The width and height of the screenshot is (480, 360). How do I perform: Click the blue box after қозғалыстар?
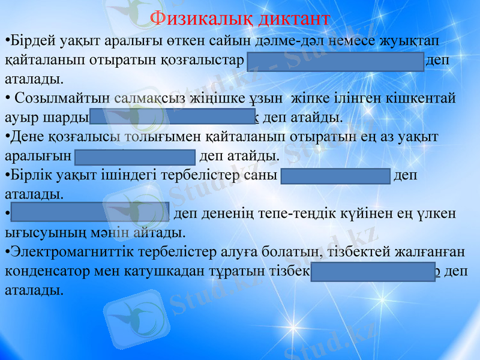pyautogui.click(x=335, y=61)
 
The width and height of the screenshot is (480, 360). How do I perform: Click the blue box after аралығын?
pyautogui.click(x=136, y=157)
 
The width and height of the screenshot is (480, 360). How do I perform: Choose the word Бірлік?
pyautogui.click(x=28, y=177)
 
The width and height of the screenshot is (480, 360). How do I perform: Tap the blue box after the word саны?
pyautogui.click(x=336, y=176)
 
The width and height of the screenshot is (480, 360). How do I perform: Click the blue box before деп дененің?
pyautogui.click(x=90, y=212)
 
